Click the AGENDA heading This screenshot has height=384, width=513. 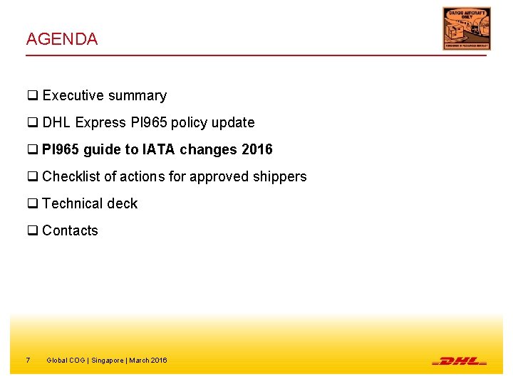tap(61, 39)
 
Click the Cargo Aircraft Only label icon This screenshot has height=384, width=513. tap(466, 28)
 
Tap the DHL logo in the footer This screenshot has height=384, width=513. tap(459, 361)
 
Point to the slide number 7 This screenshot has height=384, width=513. tap(28, 361)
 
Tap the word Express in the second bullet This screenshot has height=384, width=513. tap(100, 123)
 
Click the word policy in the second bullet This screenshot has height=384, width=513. tap(189, 123)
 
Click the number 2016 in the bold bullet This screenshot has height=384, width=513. tap(256, 150)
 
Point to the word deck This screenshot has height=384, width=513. tap(123, 204)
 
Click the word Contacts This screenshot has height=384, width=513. tap(70, 231)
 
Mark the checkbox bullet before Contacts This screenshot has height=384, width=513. tap(32, 231)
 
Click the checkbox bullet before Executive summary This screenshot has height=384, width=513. tap(32, 96)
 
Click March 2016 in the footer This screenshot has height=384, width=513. tap(148, 361)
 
